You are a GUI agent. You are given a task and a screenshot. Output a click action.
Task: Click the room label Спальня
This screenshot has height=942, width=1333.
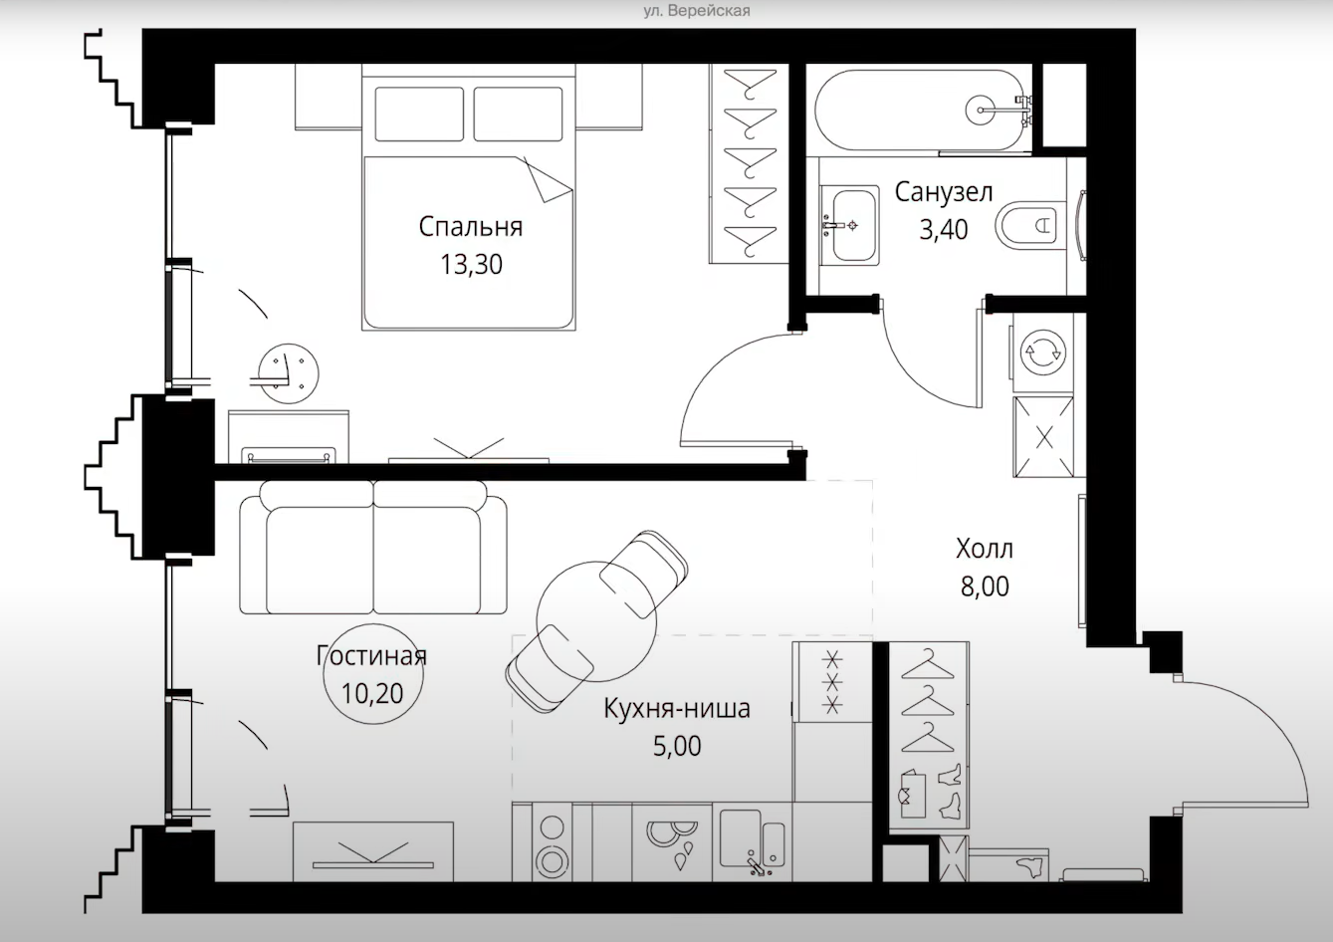[470, 227]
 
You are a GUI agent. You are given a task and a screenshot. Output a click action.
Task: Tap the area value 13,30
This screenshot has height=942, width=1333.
[471, 265]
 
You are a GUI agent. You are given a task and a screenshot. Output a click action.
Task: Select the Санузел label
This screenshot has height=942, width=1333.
[944, 192]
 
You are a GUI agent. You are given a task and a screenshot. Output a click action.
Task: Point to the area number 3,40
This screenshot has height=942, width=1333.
[943, 230]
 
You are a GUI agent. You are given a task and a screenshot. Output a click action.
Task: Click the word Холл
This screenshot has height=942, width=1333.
[985, 549]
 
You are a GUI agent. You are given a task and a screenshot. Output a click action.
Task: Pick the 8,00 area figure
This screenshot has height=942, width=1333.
[985, 587]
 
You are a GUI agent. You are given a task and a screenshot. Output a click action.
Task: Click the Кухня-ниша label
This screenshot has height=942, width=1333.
[677, 708]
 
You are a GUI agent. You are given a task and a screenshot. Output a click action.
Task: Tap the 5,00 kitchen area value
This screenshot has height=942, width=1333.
[677, 746]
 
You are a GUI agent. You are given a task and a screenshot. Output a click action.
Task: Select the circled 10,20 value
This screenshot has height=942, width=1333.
[372, 694]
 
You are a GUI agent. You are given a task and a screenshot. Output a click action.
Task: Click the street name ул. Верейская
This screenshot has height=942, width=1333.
[696, 11]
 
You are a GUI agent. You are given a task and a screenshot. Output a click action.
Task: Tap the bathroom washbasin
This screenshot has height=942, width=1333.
[849, 225]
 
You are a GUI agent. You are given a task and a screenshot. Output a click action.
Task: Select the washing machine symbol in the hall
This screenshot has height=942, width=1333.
[1042, 353]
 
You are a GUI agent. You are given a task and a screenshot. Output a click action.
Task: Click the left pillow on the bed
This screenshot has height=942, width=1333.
[419, 115]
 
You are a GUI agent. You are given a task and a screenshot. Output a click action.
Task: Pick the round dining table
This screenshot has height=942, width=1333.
[596, 620]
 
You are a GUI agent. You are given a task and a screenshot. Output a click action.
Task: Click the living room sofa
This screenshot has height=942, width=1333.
[373, 548]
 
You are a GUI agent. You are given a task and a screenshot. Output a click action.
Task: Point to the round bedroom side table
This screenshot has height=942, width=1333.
[289, 373]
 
